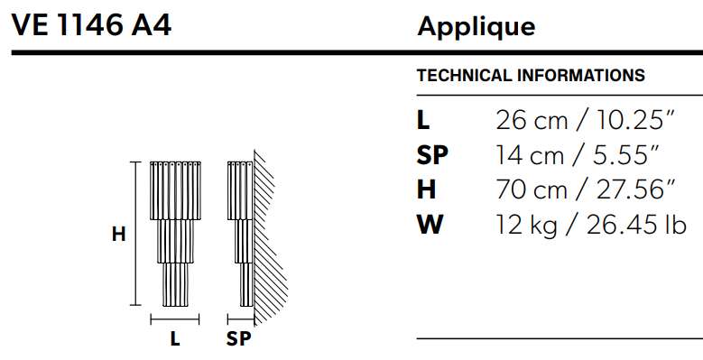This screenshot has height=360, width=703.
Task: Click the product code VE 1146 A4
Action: (x=91, y=25)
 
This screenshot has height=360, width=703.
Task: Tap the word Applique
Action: (x=476, y=27)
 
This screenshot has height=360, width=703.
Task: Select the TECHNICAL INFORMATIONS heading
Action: (x=531, y=75)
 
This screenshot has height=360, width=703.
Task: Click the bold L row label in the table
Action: (x=423, y=120)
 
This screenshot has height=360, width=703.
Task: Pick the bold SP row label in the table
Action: (x=432, y=154)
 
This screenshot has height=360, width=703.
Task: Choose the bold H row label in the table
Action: (x=426, y=189)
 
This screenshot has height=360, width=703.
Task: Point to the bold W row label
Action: (x=430, y=224)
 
